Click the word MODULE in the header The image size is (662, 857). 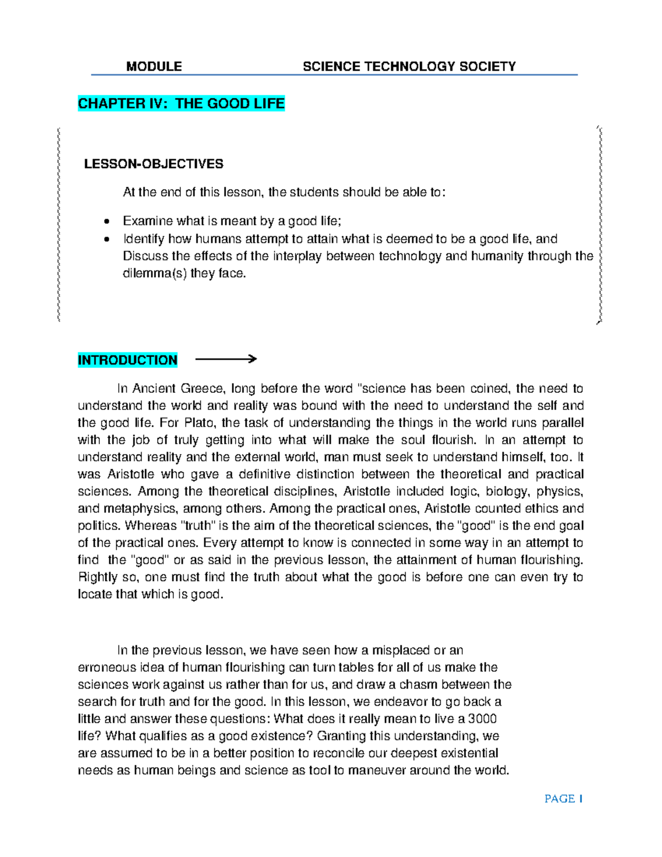click(x=154, y=67)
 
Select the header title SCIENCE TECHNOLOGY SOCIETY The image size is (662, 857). click(x=409, y=67)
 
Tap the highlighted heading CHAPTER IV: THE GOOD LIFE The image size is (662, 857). click(x=181, y=104)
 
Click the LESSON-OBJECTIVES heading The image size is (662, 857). click(x=153, y=164)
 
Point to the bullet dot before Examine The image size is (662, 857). click(x=107, y=222)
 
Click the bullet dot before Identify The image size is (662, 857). click(x=107, y=239)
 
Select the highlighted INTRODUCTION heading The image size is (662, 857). click(x=127, y=360)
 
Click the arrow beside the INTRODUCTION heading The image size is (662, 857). click(x=226, y=359)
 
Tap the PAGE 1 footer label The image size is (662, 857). click(x=563, y=799)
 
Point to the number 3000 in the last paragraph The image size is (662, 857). click(x=482, y=719)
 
